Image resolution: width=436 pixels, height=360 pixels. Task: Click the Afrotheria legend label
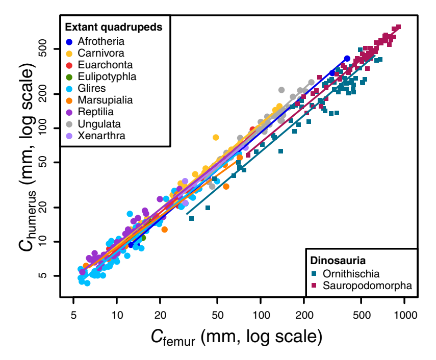(x=101, y=41)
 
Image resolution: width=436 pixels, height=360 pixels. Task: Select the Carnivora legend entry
(x=101, y=53)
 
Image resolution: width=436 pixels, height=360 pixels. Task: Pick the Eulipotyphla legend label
(x=107, y=76)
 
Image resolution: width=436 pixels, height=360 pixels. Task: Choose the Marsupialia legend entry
(x=106, y=100)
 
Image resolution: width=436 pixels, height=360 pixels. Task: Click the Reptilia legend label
(x=96, y=112)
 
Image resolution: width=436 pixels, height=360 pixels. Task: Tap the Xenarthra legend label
(x=102, y=136)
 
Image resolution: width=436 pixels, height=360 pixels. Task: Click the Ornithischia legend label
(x=351, y=274)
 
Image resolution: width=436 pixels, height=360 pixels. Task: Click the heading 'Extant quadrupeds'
(x=114, y=28)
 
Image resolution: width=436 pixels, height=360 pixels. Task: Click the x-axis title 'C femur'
(x=236, y=338)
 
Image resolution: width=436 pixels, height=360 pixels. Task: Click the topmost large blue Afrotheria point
(x=347, y=59)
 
